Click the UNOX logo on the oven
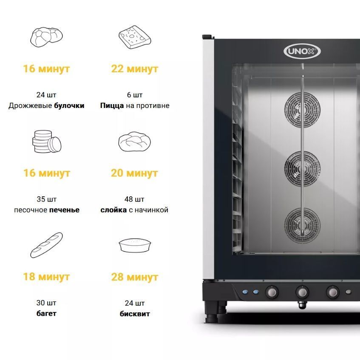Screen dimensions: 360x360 pyautogui.click(x=302, y=51)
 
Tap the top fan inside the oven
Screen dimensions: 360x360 pyautogui.click(x=302, y=109)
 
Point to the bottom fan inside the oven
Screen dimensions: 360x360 pyautogui.click(x=302, y=225)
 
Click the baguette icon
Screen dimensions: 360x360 pyautogui.click(x=47, y=245)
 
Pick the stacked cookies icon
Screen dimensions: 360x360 pyautogui.click(x=47, y=142)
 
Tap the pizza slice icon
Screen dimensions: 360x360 pyautogui.click(x=135, y=37)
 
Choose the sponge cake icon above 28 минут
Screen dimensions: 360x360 pyautogui.click(x=135, y=245)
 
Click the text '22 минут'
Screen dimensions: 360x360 pyautogui.click(x=135, y=69)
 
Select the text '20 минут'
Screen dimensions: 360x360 pyautogui.click(x=135, y=173)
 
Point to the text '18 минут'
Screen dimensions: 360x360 pyautogui.click(x=46, y=277)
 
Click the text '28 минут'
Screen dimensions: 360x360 pyautogui.click(x=135, y=277)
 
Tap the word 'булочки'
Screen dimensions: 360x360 pyautogui.click(x=69, y=105)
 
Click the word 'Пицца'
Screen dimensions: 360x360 pyautogui.click(x=112, y=105)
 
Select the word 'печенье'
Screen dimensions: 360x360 pyautogui.click(x=65, y=210)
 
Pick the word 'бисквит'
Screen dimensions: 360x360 pyautogui.click(x=135, y=314)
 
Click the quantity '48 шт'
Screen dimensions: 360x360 pyautogui.click(x=134, y=199)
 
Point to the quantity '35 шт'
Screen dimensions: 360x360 pyautogui.click(x=47, y=199)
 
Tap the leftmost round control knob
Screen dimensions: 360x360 pyautogui.click(x=272, y=292)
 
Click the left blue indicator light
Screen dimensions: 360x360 pyautogui.click(x=245, y=292)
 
